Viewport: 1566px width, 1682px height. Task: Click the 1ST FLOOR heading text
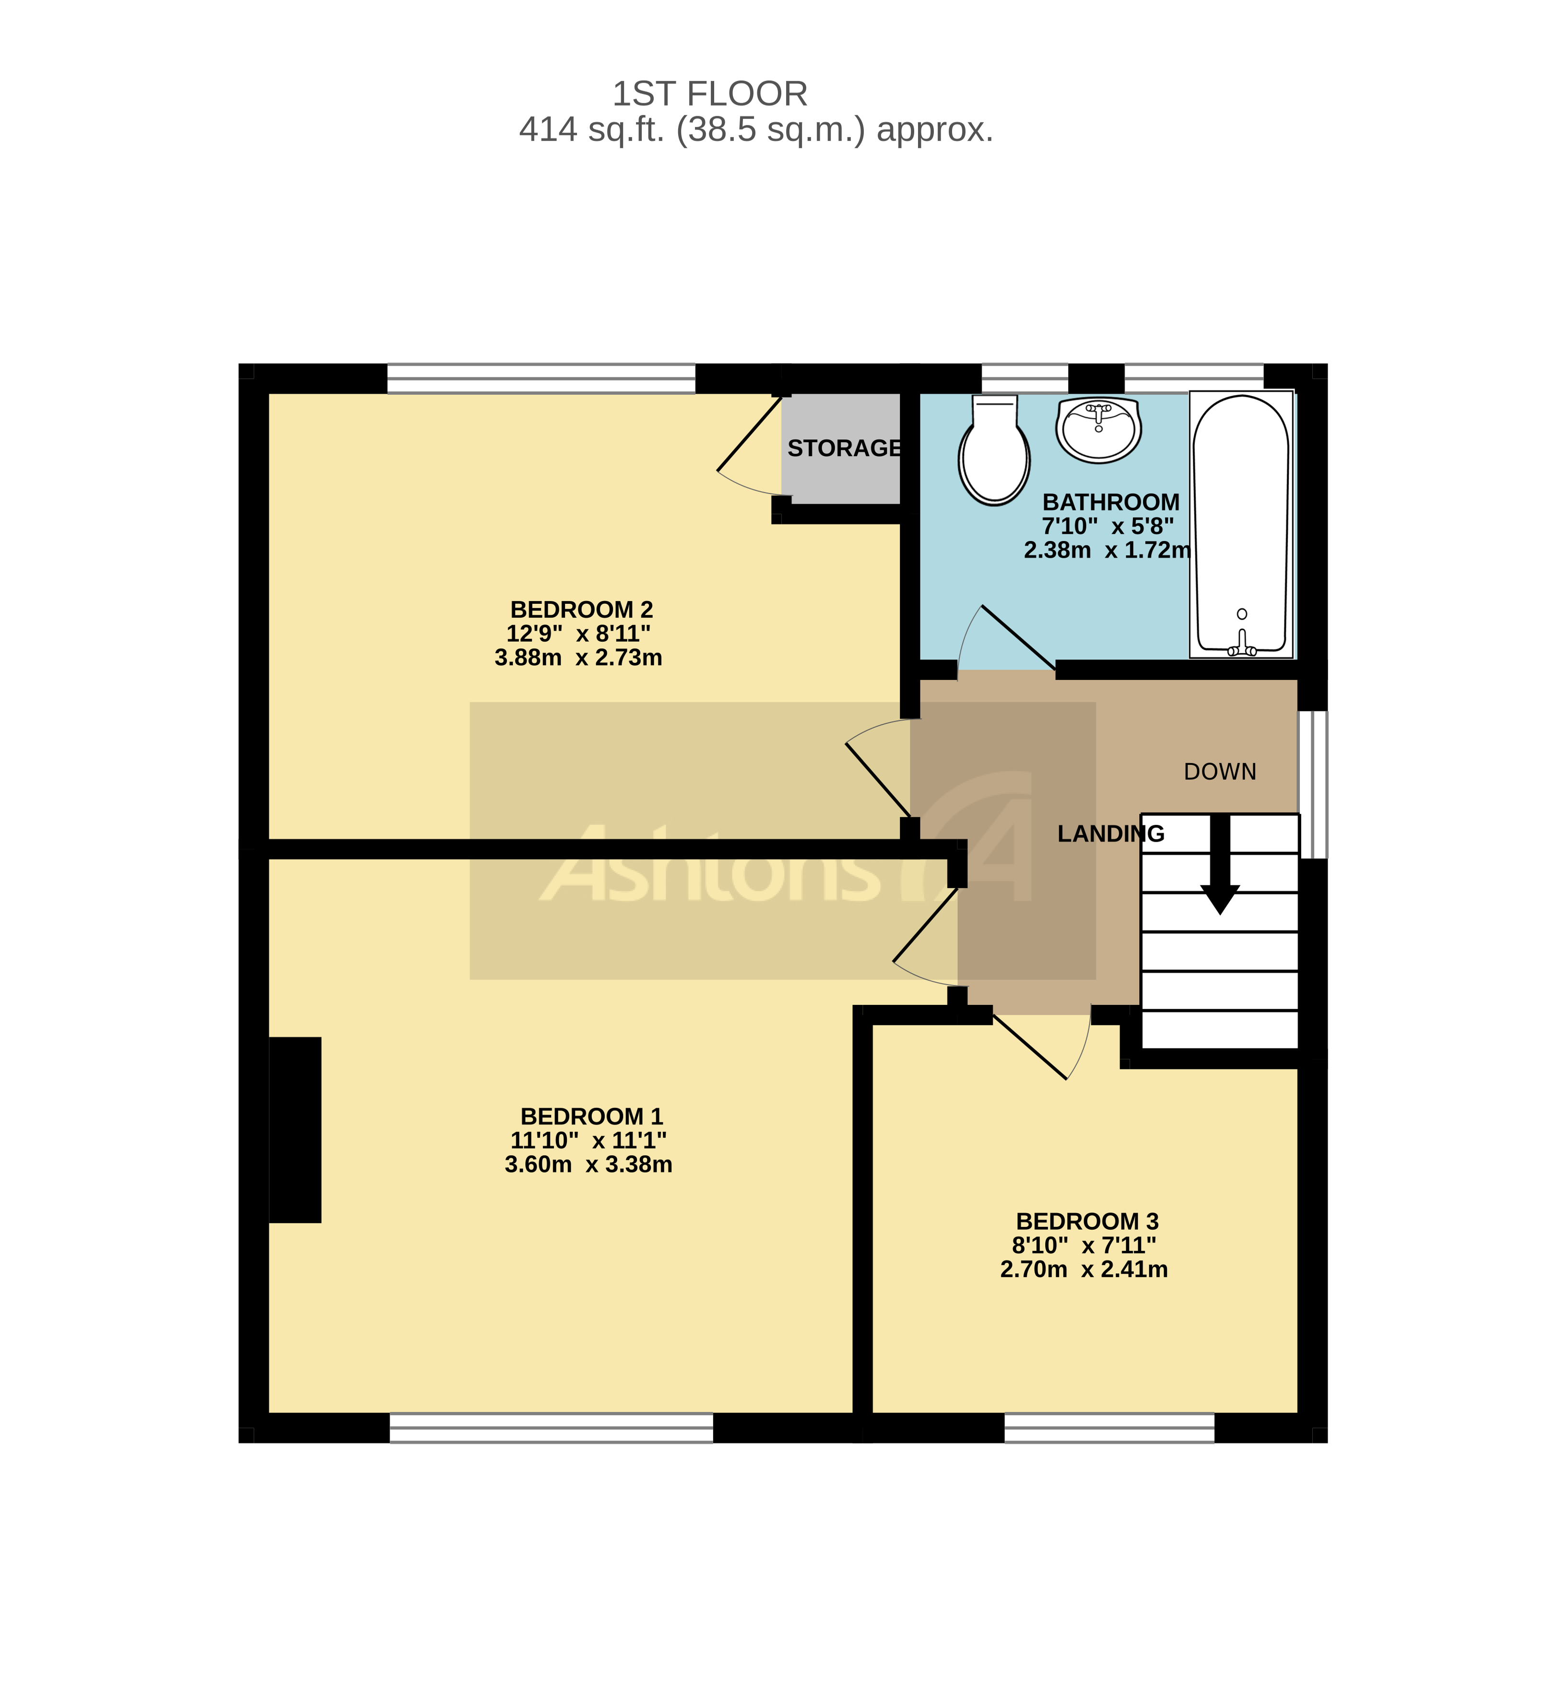709,94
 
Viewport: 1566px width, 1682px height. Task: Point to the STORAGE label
844,448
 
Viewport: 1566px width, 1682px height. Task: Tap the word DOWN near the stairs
1219,772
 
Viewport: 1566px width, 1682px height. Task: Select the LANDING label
1110,834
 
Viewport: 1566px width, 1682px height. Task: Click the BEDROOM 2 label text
581,609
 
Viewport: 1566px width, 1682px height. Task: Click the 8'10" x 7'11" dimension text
1084,1246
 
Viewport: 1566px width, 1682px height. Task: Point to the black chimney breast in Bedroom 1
294,1129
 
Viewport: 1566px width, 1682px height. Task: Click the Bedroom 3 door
1041,1046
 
